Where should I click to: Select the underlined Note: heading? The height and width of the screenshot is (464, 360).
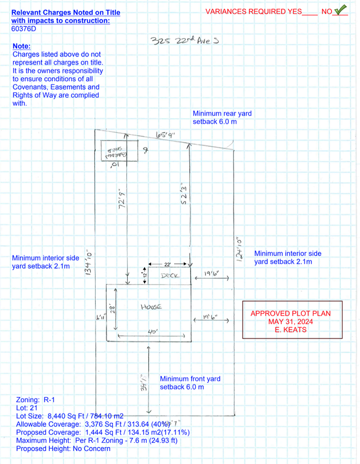click(21, 46)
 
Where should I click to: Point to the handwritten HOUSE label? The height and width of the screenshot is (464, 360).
click(151, 307)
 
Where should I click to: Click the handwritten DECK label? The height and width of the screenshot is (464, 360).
click(169, 276)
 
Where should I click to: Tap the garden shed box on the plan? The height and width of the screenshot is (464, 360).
click(119, 151)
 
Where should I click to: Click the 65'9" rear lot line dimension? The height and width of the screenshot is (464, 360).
click(165, 136)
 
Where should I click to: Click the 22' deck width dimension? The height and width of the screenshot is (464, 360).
click(167, 264)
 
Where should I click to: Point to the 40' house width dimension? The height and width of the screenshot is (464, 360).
click(152, 333)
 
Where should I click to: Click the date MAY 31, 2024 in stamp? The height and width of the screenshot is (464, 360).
click(290, 322)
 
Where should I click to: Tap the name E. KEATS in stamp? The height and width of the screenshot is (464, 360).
click(291, 330)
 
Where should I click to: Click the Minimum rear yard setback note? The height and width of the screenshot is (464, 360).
click(222, 118)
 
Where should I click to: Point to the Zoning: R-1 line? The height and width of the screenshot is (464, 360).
click(36, 400)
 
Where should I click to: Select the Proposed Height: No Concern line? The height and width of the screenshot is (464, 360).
click(63, 449)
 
